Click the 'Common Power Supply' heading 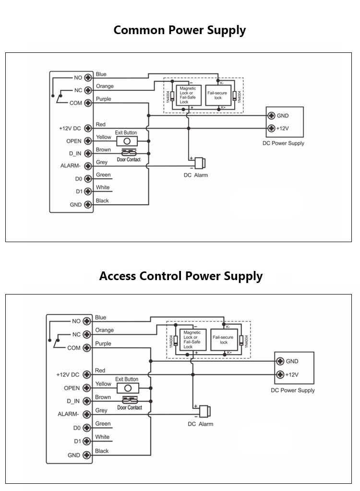point(180,30)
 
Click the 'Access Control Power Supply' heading point(180,276)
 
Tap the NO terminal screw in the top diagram point(88,77)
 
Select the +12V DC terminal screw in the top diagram point(88,128)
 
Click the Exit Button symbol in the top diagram point(127,141)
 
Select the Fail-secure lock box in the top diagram point(217,95)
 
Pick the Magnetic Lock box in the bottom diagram point(192,339)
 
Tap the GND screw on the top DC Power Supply point(272,116)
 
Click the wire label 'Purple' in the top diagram point(103,99)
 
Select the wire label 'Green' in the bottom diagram point(103,424)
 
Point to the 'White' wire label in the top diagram point(103,187)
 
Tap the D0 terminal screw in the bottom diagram point(86,427)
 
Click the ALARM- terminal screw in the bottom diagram point(86,414)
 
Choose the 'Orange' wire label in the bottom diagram point(104,330)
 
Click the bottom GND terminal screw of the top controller point(88,204)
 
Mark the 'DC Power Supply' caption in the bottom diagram point(293,390)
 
